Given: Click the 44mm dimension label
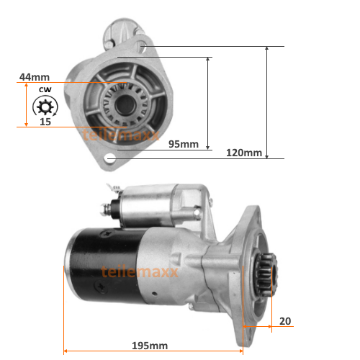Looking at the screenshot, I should tap(34, 76).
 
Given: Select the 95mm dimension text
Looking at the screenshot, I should tap(183, 144).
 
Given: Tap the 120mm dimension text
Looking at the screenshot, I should tap(244, 153).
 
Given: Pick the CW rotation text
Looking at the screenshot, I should tap(45, 90).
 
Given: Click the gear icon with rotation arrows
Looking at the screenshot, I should tap(45, 108).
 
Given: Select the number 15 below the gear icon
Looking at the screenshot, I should tap(45, 122).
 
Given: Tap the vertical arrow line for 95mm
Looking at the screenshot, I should tap(208, 101).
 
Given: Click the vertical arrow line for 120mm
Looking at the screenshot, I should tap(267, 101).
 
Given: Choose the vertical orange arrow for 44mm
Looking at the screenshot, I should tap(27, 104).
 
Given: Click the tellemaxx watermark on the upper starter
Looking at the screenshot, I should tap(112, 132).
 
